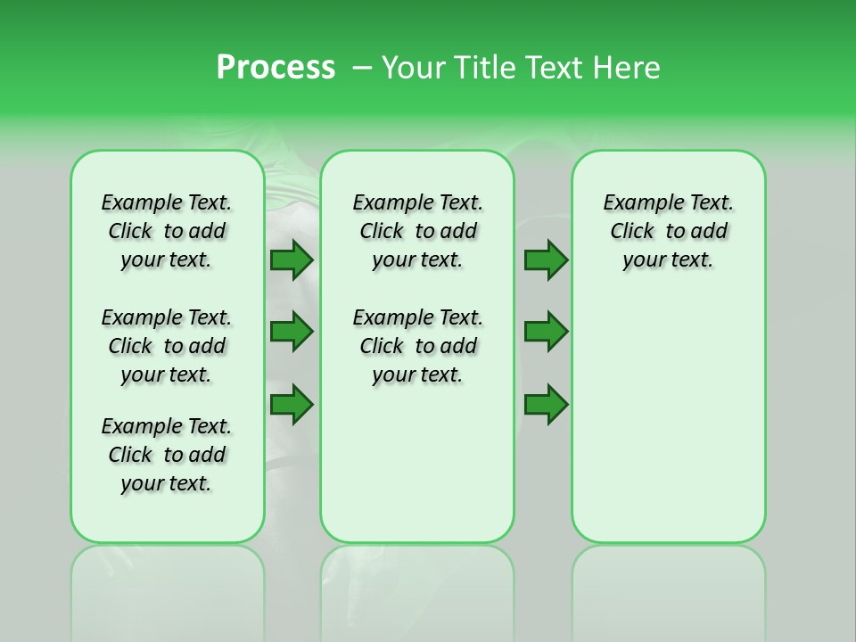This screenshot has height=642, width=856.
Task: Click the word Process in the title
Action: [x=276, y=68]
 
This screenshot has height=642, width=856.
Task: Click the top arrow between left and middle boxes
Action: [x=292, y=259]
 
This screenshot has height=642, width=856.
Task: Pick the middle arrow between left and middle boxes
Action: [x=292, y=332]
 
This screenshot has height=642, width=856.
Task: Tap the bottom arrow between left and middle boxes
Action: [x=292, y=405]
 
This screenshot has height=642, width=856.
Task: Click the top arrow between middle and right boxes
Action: [x=546, y=259]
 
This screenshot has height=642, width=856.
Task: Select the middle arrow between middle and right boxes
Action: [x=546, y=332]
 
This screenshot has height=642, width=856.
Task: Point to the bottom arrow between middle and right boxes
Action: [x=546, y=405]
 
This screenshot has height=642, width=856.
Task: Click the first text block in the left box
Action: [x=167, y=231]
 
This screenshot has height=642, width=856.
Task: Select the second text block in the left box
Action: [x=167, y=346]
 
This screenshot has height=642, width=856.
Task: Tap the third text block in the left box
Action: [x=167, y=455]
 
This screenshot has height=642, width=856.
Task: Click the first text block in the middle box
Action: [x=417, y=231]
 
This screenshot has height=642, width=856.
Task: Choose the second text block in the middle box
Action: [x=417, y=346]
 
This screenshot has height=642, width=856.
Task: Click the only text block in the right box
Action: [x=668, y=231]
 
